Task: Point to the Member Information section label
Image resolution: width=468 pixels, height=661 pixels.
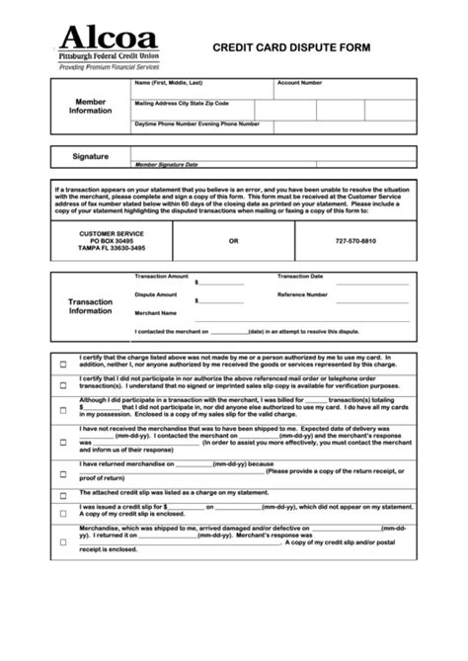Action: coord(91,107)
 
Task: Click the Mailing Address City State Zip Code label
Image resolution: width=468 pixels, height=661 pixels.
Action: coord(182,103)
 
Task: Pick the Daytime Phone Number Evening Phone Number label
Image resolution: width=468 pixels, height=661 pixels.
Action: coord(197,124)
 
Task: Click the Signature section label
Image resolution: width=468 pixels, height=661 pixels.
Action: coord(91,157)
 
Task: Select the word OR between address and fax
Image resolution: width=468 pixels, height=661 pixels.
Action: coord(233,240)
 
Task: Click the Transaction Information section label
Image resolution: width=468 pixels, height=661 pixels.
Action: coord(91,305)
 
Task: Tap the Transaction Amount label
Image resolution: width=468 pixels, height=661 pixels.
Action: coord(161,277)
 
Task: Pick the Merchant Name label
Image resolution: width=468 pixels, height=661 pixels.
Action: coord(156,312)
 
